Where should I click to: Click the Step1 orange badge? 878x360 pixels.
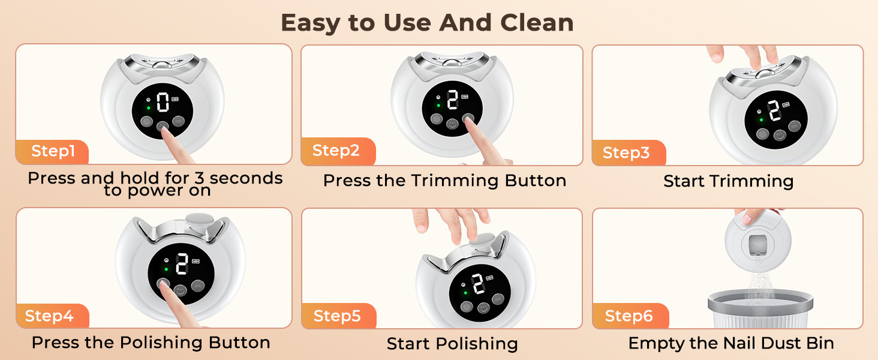(53, 151)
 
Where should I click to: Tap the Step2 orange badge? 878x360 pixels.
(336, 151)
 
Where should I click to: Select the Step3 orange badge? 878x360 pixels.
(626, 153)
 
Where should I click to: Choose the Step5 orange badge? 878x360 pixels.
(337, 316)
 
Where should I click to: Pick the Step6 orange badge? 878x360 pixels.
(629, 316)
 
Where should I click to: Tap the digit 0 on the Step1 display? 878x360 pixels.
(163, 103)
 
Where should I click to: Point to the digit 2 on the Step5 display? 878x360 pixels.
(479, 283)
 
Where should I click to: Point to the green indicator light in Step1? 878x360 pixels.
(148, 109)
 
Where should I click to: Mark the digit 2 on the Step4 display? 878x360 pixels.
(182, 263)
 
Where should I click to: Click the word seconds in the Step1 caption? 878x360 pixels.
(246, 178)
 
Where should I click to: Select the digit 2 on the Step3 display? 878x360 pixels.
(774, 111)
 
